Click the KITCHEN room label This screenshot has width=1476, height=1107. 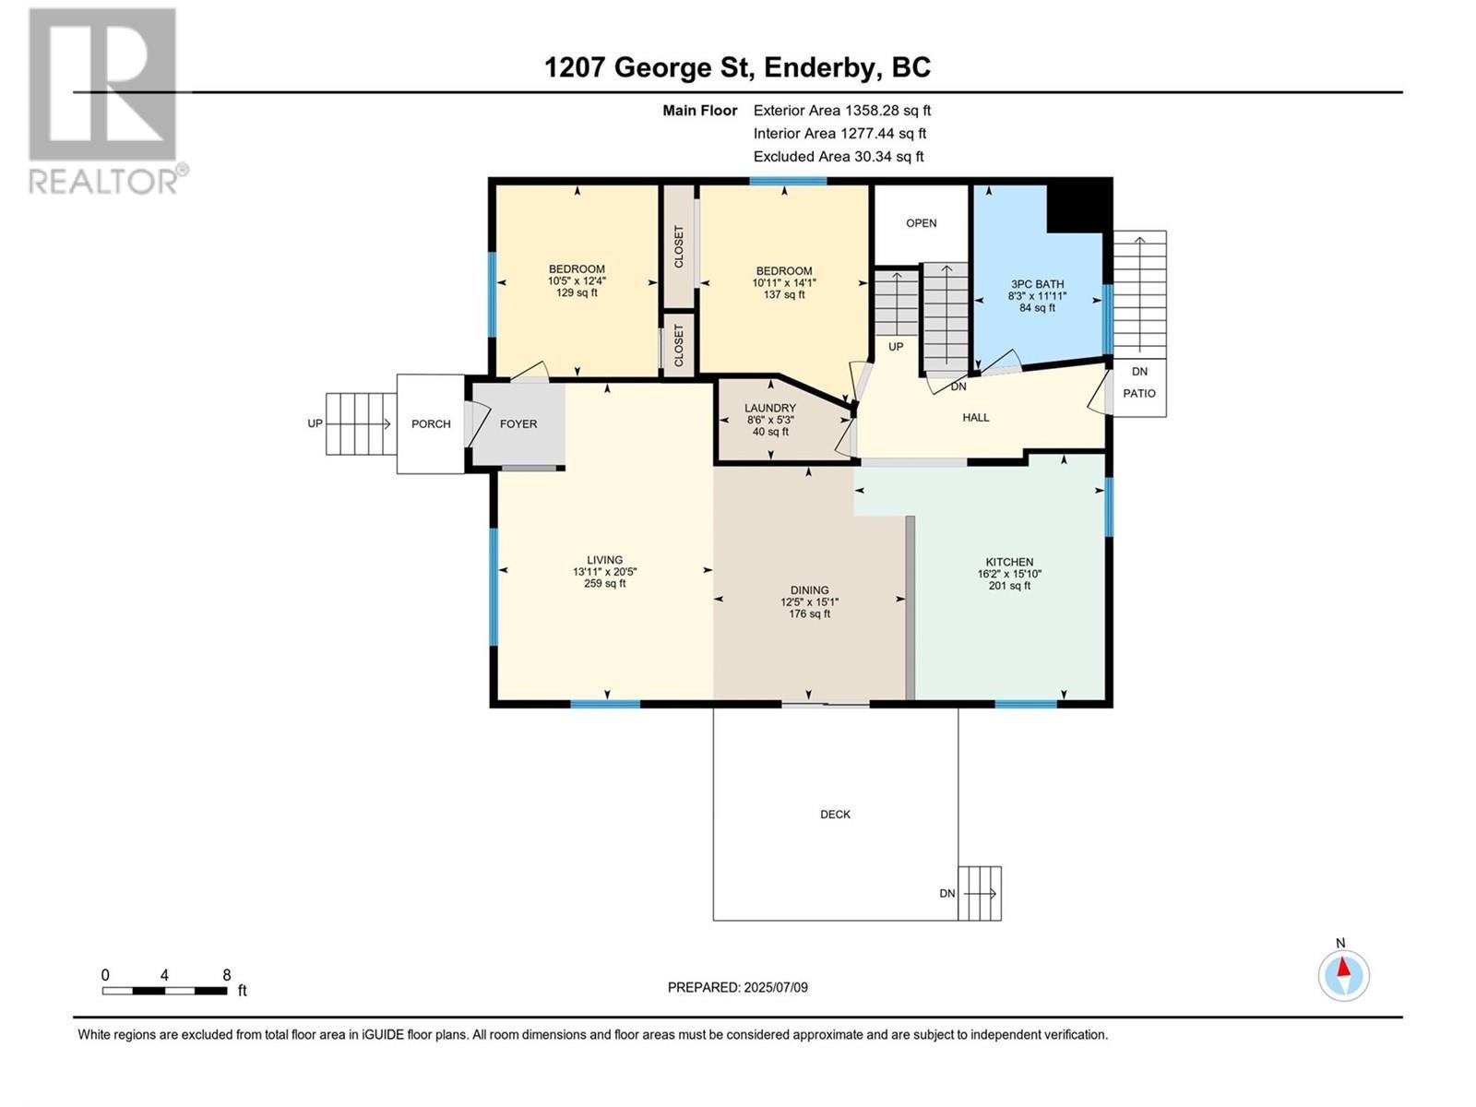1009,562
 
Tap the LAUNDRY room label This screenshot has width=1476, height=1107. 770,408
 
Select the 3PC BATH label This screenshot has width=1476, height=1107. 1037,284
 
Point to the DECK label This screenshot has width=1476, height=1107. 835,815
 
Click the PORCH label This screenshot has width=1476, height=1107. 431,424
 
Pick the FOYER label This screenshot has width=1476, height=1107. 518,424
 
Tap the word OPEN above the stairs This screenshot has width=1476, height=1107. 921,223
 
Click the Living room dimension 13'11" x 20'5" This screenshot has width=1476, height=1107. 604,572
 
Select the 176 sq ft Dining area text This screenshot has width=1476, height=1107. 809,613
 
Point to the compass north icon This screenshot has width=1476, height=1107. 1343,974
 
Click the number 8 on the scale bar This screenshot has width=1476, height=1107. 226,975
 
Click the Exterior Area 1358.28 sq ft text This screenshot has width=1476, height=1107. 841,111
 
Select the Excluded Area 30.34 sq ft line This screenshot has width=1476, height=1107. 838,157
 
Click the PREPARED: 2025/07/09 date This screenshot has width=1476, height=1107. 737,987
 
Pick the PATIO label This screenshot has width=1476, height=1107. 1139,393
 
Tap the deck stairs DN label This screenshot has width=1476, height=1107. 947,894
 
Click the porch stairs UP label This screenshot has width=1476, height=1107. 315,424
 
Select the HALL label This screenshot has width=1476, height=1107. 975,418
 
